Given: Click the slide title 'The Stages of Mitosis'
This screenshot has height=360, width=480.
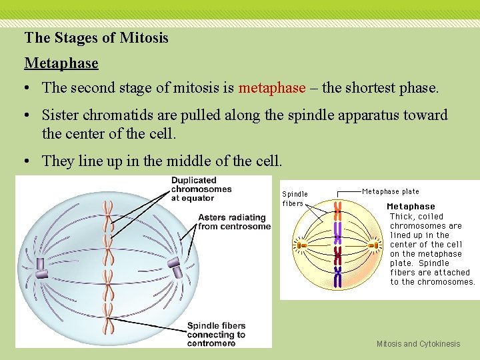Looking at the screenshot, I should pyautogui.click(x=96, y=38).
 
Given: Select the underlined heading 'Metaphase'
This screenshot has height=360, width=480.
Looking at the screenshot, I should pyautogui.click(x=61, y=63).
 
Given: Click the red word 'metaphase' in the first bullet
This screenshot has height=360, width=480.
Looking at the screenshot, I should pyautogui.click(x=272, y=88).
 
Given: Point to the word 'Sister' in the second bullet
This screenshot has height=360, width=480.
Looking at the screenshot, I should pyautogui.click(x=61, y=115).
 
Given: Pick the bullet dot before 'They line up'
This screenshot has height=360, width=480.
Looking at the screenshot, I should pyautogui.click(x=29, y=161).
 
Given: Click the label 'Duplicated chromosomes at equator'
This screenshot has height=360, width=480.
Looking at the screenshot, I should pyautogui.click(x=201, y=189).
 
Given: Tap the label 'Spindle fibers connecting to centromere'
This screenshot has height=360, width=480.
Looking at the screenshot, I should pyautogui.click(x=216, y=334).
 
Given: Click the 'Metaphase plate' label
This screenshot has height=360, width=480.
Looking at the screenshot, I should pyautogui.click(x=391, y=191).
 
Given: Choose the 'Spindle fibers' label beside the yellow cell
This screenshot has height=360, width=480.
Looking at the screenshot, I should pyautogui.click(x=295, y=199).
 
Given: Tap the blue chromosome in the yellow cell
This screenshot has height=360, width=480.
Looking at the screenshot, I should pyautogui.click(x=338, y=275).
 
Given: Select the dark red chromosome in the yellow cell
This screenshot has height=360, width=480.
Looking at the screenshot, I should pyautogui.click(x=338, y=255).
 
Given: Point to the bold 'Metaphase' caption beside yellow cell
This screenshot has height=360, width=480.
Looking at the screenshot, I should pyautogui.click(x=411, y=207).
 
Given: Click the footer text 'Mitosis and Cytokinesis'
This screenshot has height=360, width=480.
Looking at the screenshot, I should pyautogui.click(x=418, y=344).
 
